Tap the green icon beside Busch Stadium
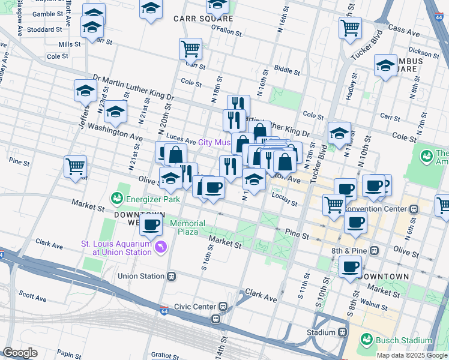pos(366,340)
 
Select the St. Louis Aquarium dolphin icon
pos(160,247)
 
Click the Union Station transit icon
pos(171,277)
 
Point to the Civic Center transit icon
pos(222,307)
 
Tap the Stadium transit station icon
pos(343,332)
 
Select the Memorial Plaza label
pos(187,227)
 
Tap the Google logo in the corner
pos(20,352)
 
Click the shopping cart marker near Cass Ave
pos(350,27)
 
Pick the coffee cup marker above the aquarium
pos(151,225)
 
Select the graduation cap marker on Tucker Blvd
pos(339,133)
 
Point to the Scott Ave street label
pos(32,297)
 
